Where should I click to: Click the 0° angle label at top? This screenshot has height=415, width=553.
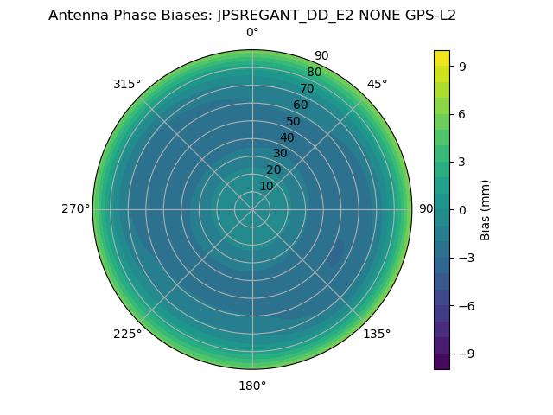pos(252,33)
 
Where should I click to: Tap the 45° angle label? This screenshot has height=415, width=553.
pos(377,85)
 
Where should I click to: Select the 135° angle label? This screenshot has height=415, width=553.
pos(377,334)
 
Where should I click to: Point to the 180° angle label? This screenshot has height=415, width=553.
pos(252,386)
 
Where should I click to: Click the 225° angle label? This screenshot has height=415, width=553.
pos(127,334)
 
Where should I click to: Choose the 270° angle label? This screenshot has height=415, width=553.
pos(75,209)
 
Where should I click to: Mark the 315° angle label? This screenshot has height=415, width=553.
pos(127,85)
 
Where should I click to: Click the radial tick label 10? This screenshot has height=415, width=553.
pos(266,186)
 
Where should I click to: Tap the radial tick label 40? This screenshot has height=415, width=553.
pos(287,137)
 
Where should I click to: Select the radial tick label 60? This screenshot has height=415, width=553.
pos(301,105)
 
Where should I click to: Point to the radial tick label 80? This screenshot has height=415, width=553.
pos(315,73)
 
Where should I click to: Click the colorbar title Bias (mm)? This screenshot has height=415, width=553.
pos(486,209)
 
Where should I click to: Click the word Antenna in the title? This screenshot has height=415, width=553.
pos(76,16)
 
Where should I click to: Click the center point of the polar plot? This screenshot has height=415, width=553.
pos(252,209)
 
